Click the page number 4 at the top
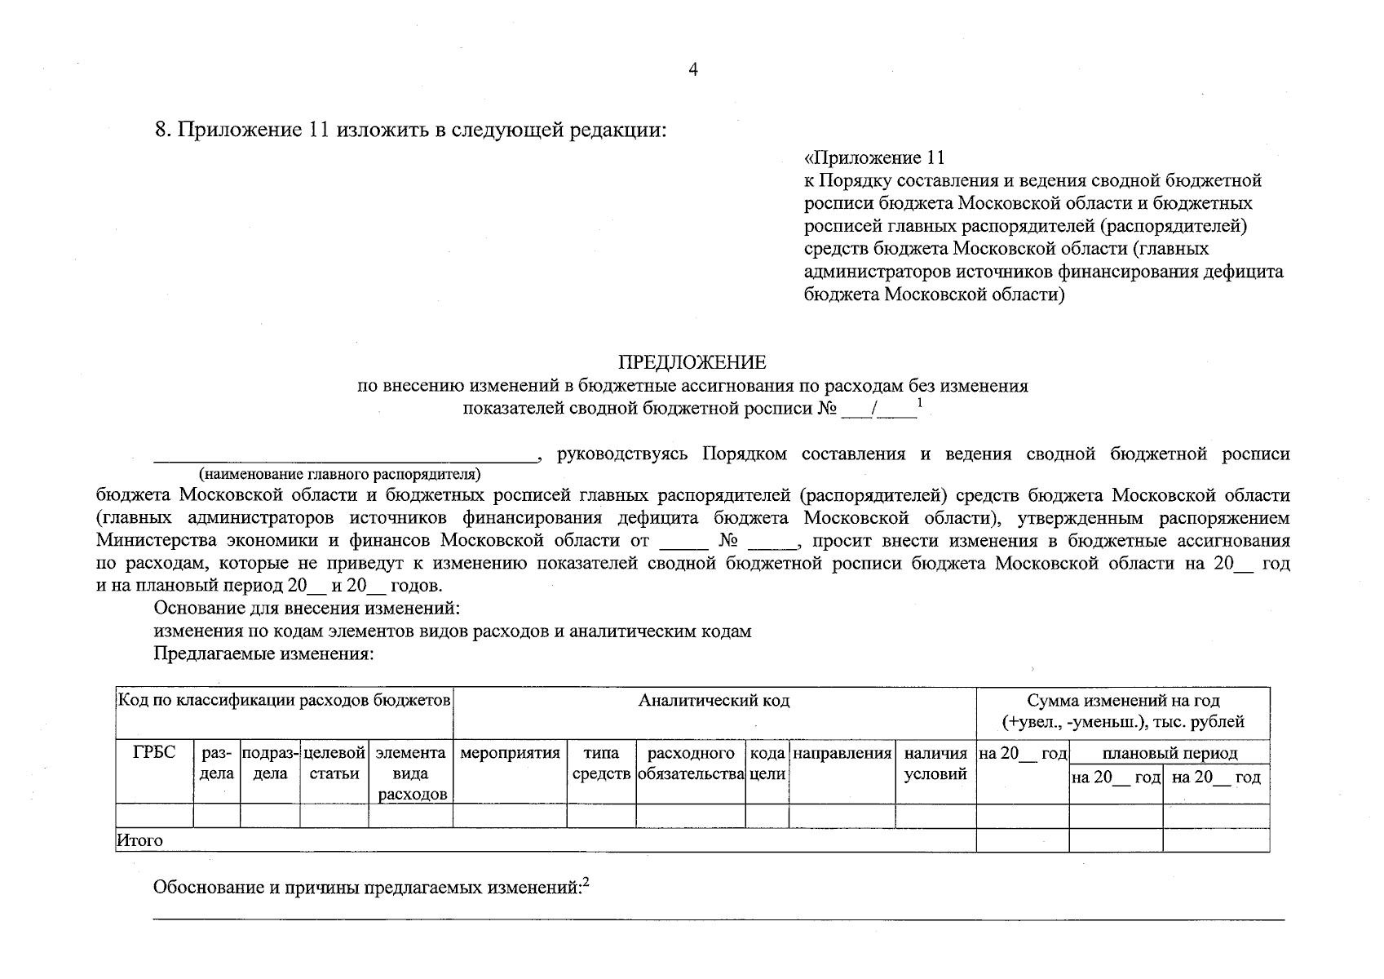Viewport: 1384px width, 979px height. tap(693, 70)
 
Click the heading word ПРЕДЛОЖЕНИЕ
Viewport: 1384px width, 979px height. tap(692, 362)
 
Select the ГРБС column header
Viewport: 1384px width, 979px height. tap(154, 753)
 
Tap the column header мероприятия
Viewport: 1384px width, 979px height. tap(511, 753)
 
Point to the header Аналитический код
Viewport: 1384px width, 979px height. tap(714, 700)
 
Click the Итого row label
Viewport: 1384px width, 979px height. tap(139, 840)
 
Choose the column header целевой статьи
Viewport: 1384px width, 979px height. tap(334, 764)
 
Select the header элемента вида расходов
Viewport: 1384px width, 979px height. tap(410, 773)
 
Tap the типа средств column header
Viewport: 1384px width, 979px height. tap(602, 764)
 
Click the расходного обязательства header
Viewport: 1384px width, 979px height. tap(691, 764)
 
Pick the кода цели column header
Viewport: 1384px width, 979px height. tap(767, 764)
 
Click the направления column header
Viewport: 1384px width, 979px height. tap(842, 753)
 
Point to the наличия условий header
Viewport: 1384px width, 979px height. tap(935, 764)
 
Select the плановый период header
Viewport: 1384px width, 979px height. tap(1170, 753)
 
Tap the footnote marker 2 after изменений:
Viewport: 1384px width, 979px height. tap(586, 881)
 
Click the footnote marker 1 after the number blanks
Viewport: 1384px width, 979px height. tap(920, 402)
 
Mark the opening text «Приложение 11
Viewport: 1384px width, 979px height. tap(873, 157)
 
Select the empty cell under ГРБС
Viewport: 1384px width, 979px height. tap(154, 815)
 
